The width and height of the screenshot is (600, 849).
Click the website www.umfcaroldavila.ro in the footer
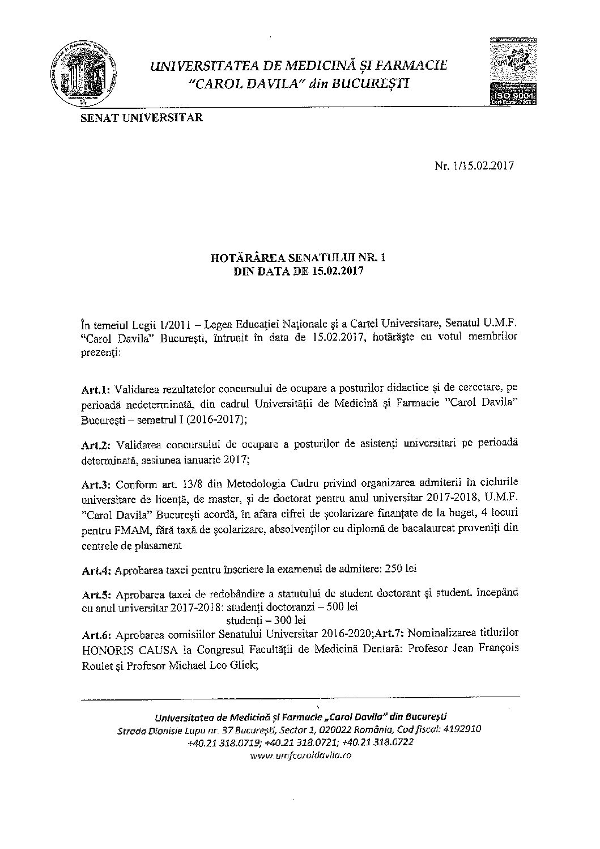click(x=300, y=755)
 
